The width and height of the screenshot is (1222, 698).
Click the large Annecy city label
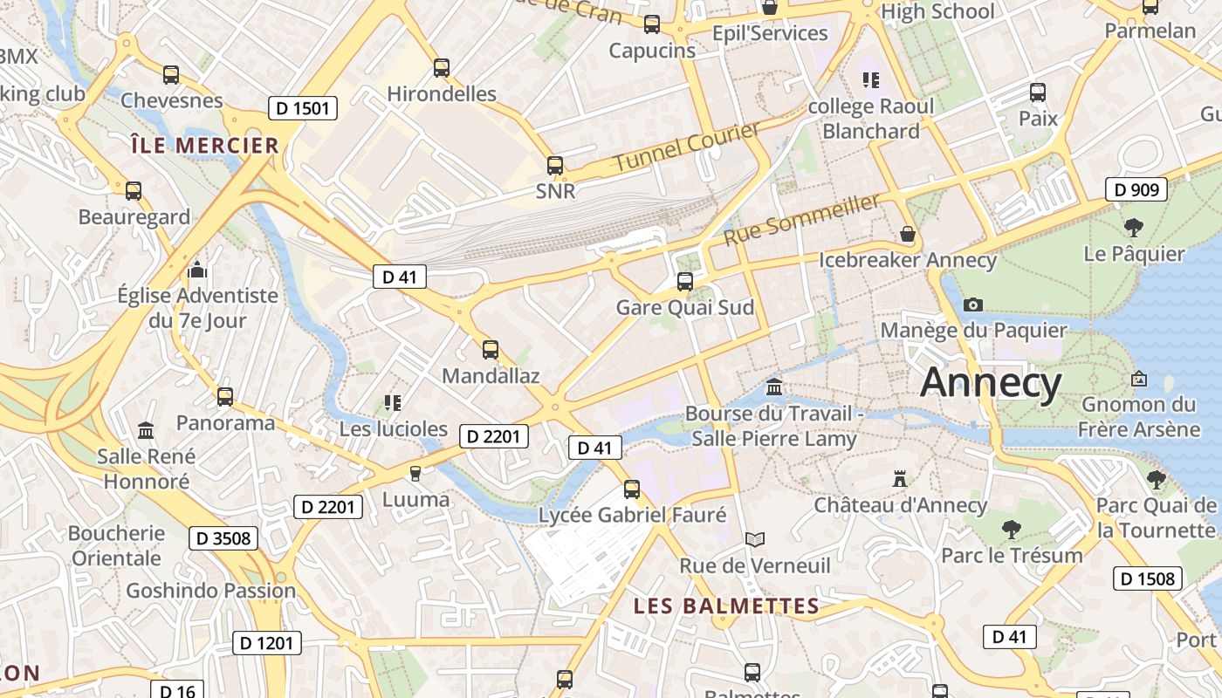pos(991,383)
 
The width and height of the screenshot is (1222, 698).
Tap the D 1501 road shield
pos(302,108)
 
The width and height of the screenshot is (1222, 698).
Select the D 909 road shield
pos(1136,189)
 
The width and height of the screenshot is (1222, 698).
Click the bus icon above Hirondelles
pos(442,67)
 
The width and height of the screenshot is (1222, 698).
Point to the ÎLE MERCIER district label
pos(205,146)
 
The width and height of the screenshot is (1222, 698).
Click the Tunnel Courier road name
pos(686,147)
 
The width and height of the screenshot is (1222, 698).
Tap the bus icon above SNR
pos(555,165)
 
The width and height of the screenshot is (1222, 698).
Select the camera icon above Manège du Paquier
pos(973,305)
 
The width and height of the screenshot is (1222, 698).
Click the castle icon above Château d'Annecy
pos(900,478)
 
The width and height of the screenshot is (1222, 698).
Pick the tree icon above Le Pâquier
pos(1134,228)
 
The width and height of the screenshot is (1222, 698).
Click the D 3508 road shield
pos(223,538)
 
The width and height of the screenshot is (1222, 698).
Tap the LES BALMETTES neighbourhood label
pos(726,606)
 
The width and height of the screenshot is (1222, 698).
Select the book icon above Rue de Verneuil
pos(755,539)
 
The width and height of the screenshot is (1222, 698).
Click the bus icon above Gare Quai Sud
pos(685,281)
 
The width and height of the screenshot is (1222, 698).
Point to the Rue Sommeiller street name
pos(803,219)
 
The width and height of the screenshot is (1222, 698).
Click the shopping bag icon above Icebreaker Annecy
pos(908,234)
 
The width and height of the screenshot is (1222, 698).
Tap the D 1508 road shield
pos(1148,578)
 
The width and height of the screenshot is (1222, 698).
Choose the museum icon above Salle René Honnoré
pos(146,430)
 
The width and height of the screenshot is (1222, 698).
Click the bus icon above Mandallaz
pos(491,350)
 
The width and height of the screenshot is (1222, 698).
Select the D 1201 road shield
pos(267,643)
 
